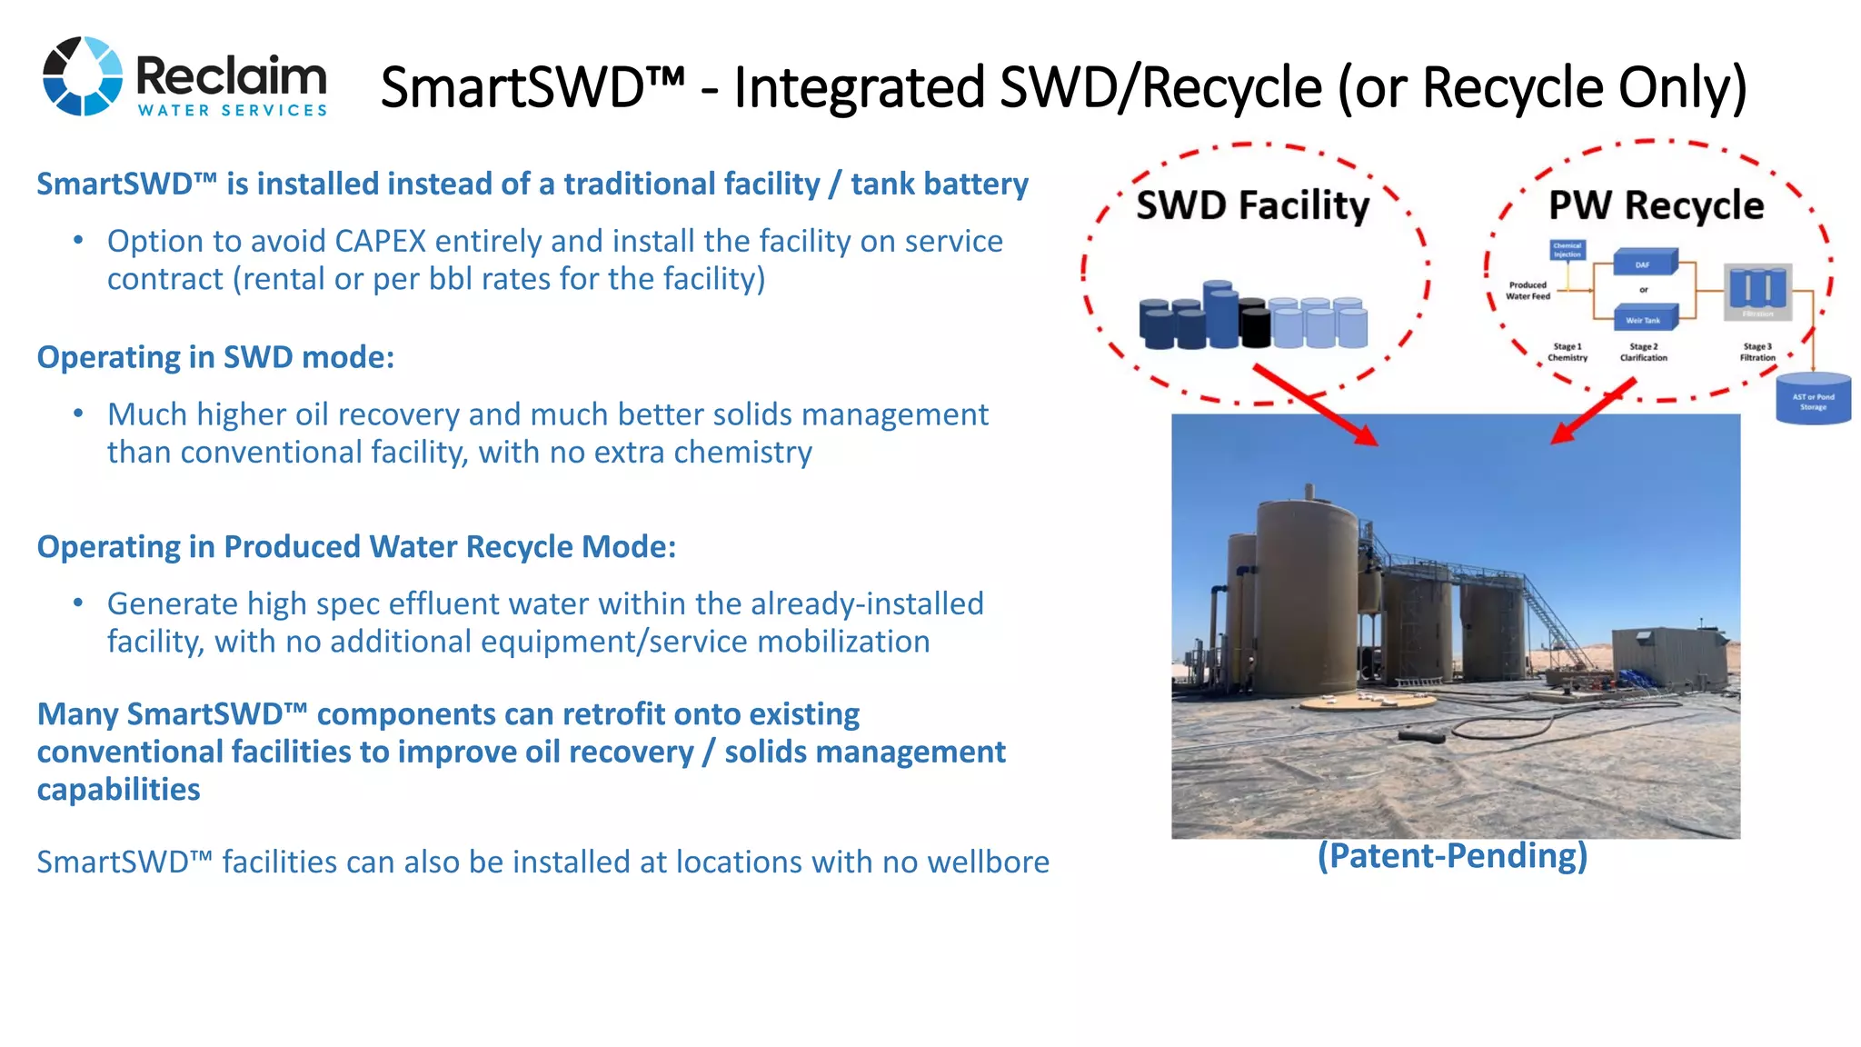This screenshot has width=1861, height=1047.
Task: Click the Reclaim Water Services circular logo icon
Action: point(83,76)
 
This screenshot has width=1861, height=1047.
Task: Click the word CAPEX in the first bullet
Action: point(380,242)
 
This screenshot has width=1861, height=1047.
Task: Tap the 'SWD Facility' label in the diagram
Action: point(1252,205)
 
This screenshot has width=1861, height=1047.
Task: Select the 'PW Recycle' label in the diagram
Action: point(1656,205)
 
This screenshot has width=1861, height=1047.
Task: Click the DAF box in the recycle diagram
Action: point(1644,264)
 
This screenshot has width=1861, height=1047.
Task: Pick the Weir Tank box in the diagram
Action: point(1644,319)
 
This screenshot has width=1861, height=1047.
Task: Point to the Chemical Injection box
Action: point(1567,251)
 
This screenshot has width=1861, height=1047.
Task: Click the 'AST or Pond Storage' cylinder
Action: point(1813,399)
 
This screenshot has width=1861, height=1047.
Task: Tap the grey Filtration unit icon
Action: point(1757,291)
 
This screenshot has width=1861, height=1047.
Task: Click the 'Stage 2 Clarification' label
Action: point(1643,353)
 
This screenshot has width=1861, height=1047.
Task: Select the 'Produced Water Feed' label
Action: point(1528,291)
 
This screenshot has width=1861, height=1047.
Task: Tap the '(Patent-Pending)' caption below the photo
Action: point(1452,856)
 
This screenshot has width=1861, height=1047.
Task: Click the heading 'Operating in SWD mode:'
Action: point(215,358)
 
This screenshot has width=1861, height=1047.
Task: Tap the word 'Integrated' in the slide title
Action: point(860,88)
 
